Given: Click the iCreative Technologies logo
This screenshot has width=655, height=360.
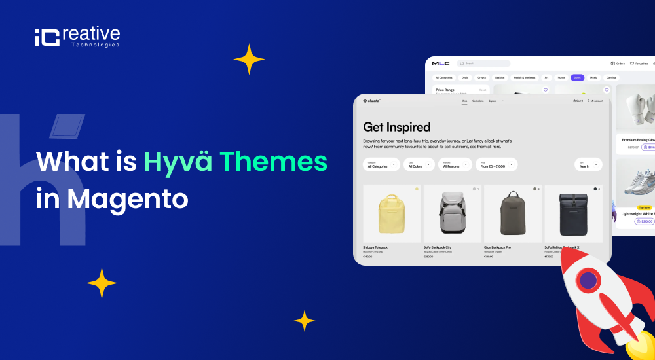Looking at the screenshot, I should pyautogui.click(x=77, y=37).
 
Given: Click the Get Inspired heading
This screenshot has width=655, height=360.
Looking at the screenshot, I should pyautogui.click(x=397, y=127).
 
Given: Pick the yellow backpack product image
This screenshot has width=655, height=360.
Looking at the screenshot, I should pyautogui.click(x=392, y=214).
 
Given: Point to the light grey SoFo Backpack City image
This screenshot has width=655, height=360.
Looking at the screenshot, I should pyautogui.click(x=453, y=214).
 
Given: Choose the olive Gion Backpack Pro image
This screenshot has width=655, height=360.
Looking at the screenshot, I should pyautogui.click(x=513, y=214).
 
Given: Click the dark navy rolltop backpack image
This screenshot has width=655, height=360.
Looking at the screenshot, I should pyautogui.click(x=573, y=214).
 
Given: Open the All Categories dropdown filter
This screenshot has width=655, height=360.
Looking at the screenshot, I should pyautogui.click(x=381, y=165).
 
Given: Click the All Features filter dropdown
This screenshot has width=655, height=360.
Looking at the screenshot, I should pyautogui.click(x=455, y=165).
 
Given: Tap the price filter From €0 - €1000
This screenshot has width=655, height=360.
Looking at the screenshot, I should pyautogui.click(x=496, y=165).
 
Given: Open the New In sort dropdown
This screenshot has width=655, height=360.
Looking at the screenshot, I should pyautogui.click(x=588, y=165).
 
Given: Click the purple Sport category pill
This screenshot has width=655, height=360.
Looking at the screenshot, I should pyautogui.click(x=577, y=77).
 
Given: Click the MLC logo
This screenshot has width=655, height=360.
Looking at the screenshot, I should pyautogui.click(x=441, y=63).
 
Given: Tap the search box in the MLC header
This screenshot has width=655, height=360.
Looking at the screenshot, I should pyautogui.click(x=485, y=63).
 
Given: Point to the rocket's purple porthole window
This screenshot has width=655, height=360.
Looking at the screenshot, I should pyautogui.click(x=588, y=281).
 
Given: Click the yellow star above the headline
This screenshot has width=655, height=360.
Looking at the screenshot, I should pyautogui.click(x=249, y=60).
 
